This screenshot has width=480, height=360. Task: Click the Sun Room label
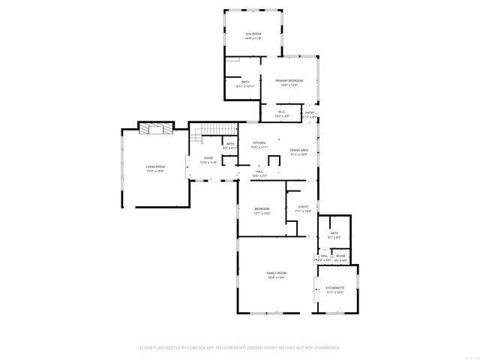click(253, 34)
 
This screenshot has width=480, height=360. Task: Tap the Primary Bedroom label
click(289, 80)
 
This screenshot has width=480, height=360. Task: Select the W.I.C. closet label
click(281, 112)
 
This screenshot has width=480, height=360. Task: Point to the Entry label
click(309, 112)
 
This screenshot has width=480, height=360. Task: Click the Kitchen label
click(259, 142)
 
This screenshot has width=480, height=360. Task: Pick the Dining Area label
click(299, 150)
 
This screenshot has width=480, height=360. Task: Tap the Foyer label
click(208, 157)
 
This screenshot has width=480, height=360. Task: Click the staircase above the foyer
click(199, 136)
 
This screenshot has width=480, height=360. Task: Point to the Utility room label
click(303, 207)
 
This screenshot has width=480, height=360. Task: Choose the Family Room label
click(277, 272)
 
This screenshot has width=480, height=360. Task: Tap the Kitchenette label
click(334, 288)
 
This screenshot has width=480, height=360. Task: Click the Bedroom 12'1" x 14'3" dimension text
click(262, 214)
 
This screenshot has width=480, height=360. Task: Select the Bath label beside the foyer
click(229, 143)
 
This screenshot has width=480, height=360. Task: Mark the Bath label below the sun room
click(245, 82)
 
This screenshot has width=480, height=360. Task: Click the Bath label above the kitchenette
click(334, 233)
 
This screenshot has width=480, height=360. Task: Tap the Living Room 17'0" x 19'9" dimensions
click(155, 171)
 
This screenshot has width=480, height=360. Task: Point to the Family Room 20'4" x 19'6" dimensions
click(277, 277)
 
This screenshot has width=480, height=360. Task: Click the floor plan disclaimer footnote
click(240, 347)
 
